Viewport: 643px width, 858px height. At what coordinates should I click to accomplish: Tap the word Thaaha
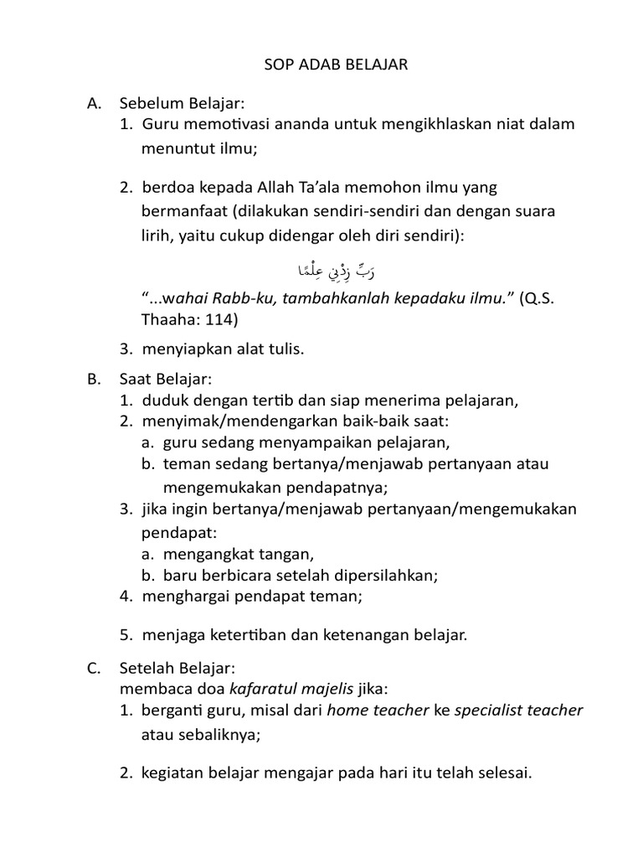tap(167, 319)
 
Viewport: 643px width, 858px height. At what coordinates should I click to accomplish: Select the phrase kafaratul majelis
tap(280, 689)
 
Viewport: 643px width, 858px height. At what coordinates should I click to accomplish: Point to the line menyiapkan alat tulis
tap(224, 349)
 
